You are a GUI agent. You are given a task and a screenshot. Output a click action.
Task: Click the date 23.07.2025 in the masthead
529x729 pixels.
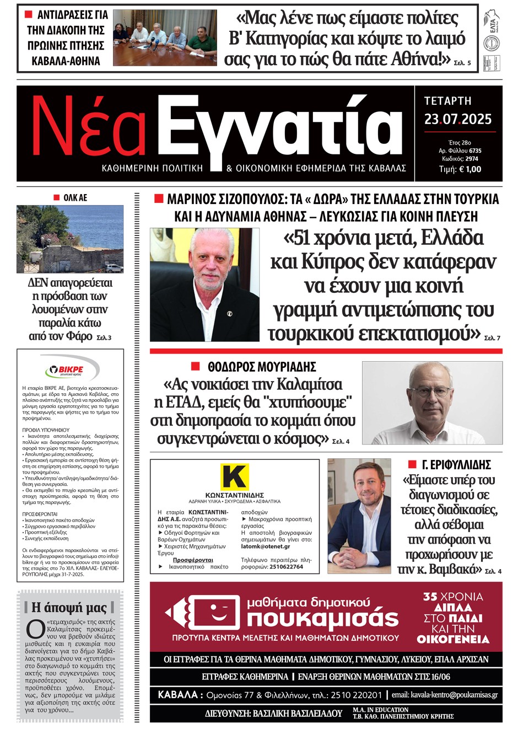[x=457, y=119]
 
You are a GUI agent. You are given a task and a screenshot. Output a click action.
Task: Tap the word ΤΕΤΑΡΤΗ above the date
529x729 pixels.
[x=447, y=101]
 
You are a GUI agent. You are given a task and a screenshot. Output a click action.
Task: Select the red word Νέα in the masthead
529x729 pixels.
[x=88, y=127]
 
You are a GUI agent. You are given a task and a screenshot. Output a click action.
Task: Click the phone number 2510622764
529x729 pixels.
[x=286, y=566]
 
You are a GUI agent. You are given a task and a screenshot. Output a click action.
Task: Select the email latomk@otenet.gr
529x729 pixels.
[x=266, y=546]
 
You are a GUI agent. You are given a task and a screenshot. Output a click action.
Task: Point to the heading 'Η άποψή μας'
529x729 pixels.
[x=69, y=607]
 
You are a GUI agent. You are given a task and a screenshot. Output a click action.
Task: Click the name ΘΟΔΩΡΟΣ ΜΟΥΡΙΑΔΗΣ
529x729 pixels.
[x=262, y=367]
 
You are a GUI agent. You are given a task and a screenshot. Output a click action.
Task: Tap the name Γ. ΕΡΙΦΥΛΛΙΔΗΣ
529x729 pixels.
[x=456, y=465]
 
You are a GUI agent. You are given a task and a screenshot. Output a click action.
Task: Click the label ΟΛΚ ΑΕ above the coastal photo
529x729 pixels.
[x=75, y=197]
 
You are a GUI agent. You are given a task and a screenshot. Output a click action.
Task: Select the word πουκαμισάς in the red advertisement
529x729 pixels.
[x=322, y=619]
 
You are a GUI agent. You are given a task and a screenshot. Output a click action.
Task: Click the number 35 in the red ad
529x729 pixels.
[x=430, y=597]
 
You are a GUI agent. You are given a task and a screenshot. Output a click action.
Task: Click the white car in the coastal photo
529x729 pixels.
[x=114, y=269]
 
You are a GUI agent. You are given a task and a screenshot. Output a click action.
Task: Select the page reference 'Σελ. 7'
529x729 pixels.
[x=492, y=337]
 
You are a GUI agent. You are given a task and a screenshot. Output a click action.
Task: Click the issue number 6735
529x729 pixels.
[x=475, y=151]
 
